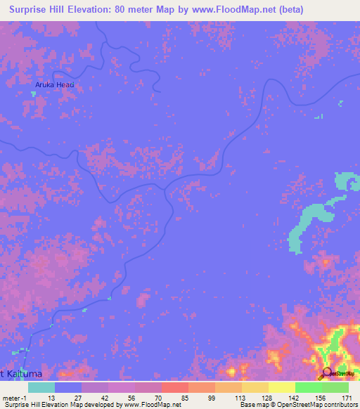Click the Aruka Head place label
click(55, 85)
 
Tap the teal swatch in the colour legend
click(41, 387)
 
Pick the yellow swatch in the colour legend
click(282, 387)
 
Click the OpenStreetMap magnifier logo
click(327, 375)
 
